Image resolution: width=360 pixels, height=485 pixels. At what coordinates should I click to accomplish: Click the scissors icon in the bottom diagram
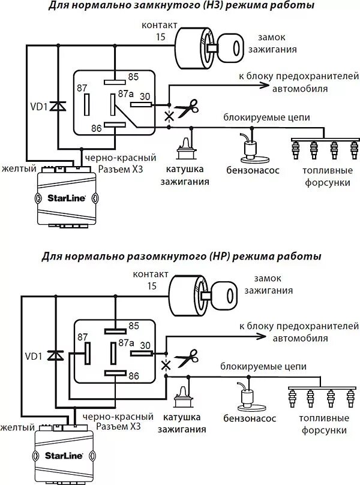point(187,357)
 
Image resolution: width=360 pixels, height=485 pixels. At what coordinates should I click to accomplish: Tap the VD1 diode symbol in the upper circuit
point(58,106)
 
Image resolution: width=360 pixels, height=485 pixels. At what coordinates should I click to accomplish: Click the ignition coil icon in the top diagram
point(184,148)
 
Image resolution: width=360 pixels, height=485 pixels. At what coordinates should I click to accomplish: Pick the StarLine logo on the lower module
point(61,455)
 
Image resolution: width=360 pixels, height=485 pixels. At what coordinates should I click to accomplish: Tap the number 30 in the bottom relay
point(144,345)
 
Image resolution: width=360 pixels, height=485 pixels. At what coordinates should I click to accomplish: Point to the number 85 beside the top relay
point(133,77)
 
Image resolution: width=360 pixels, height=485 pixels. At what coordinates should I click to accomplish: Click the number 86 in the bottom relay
point(134,376)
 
